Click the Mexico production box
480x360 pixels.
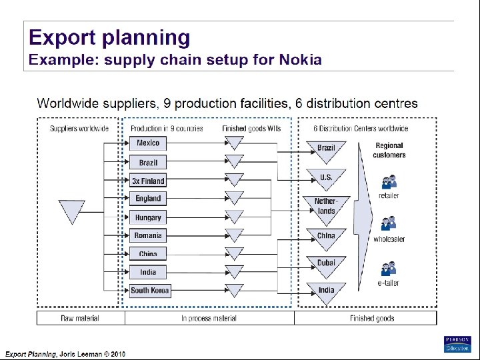pos(148,143)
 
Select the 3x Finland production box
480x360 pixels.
pos(148,181)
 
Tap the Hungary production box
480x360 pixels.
pos(148,217)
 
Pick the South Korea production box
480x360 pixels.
pos(150,291)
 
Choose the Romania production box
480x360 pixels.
pos(148,235)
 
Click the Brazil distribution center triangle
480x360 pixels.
pos(326,150)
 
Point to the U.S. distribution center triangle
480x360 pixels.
pos(326,179)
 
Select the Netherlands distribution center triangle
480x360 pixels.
pos(326,207)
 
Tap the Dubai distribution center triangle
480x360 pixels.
pos(326,265)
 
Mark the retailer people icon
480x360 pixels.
pos(389,181)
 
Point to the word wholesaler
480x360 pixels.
pos(389,239)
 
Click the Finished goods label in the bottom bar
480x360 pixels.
pos(371,319)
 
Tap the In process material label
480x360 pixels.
pos(209,319)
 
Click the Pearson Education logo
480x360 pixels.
pos(457,343)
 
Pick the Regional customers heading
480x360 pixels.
pos(389,150)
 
